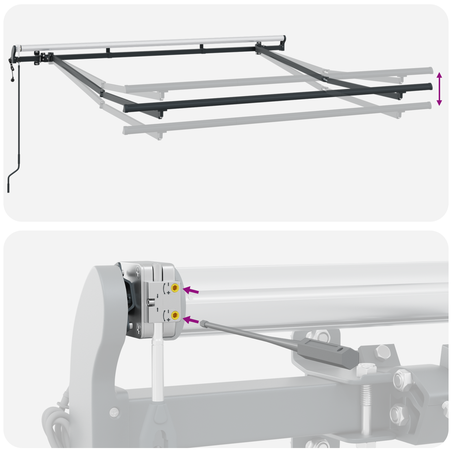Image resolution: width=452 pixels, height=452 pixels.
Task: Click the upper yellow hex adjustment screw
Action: [x=175, y=288]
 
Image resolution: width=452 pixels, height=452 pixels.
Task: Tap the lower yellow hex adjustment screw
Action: [x=175, y=315]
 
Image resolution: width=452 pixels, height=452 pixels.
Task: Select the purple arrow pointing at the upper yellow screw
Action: [x=191, y=290]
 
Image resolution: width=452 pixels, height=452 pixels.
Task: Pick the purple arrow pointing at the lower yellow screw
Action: [x=191, y=320]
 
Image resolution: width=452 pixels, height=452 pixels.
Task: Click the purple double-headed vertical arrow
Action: [x=439, y=89]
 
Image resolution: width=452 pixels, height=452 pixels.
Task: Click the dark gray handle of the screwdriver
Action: [x=328, y=351]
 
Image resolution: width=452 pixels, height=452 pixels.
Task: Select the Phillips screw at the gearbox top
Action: [x=138, y=273]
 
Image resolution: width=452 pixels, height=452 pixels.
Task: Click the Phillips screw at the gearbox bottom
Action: [x=138, y=328]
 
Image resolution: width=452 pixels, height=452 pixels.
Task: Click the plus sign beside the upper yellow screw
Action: [x=168, y=293]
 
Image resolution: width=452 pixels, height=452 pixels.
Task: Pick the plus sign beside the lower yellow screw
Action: [x=169, y=320]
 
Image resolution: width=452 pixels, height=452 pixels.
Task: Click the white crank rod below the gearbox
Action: [x=158, y=367]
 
